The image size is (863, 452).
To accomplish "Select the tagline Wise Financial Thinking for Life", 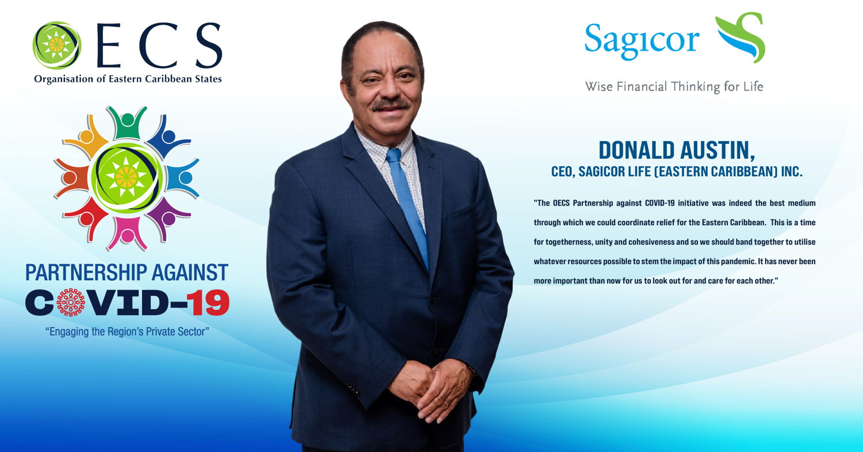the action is [674, 86].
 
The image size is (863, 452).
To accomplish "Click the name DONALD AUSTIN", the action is [677, 150].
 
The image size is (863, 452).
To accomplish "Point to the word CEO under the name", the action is [563, 172].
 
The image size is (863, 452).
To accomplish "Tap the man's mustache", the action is [390, 104].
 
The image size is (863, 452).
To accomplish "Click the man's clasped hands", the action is [430, 389].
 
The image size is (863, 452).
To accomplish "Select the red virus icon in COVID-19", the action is [71, 303].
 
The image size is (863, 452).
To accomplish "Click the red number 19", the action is [211, 303].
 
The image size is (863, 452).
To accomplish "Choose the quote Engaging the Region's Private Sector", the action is [127, 332].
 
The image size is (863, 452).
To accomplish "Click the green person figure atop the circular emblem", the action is [127, 123].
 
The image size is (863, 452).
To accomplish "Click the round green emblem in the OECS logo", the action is [56, 45].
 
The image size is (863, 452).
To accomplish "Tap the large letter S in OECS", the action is [209, 45].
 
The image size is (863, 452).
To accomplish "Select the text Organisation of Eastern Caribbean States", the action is [128, 79].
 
